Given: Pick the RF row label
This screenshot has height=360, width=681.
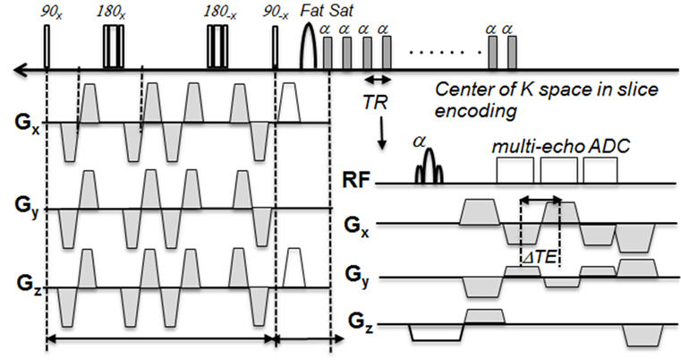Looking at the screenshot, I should [359, 184].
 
